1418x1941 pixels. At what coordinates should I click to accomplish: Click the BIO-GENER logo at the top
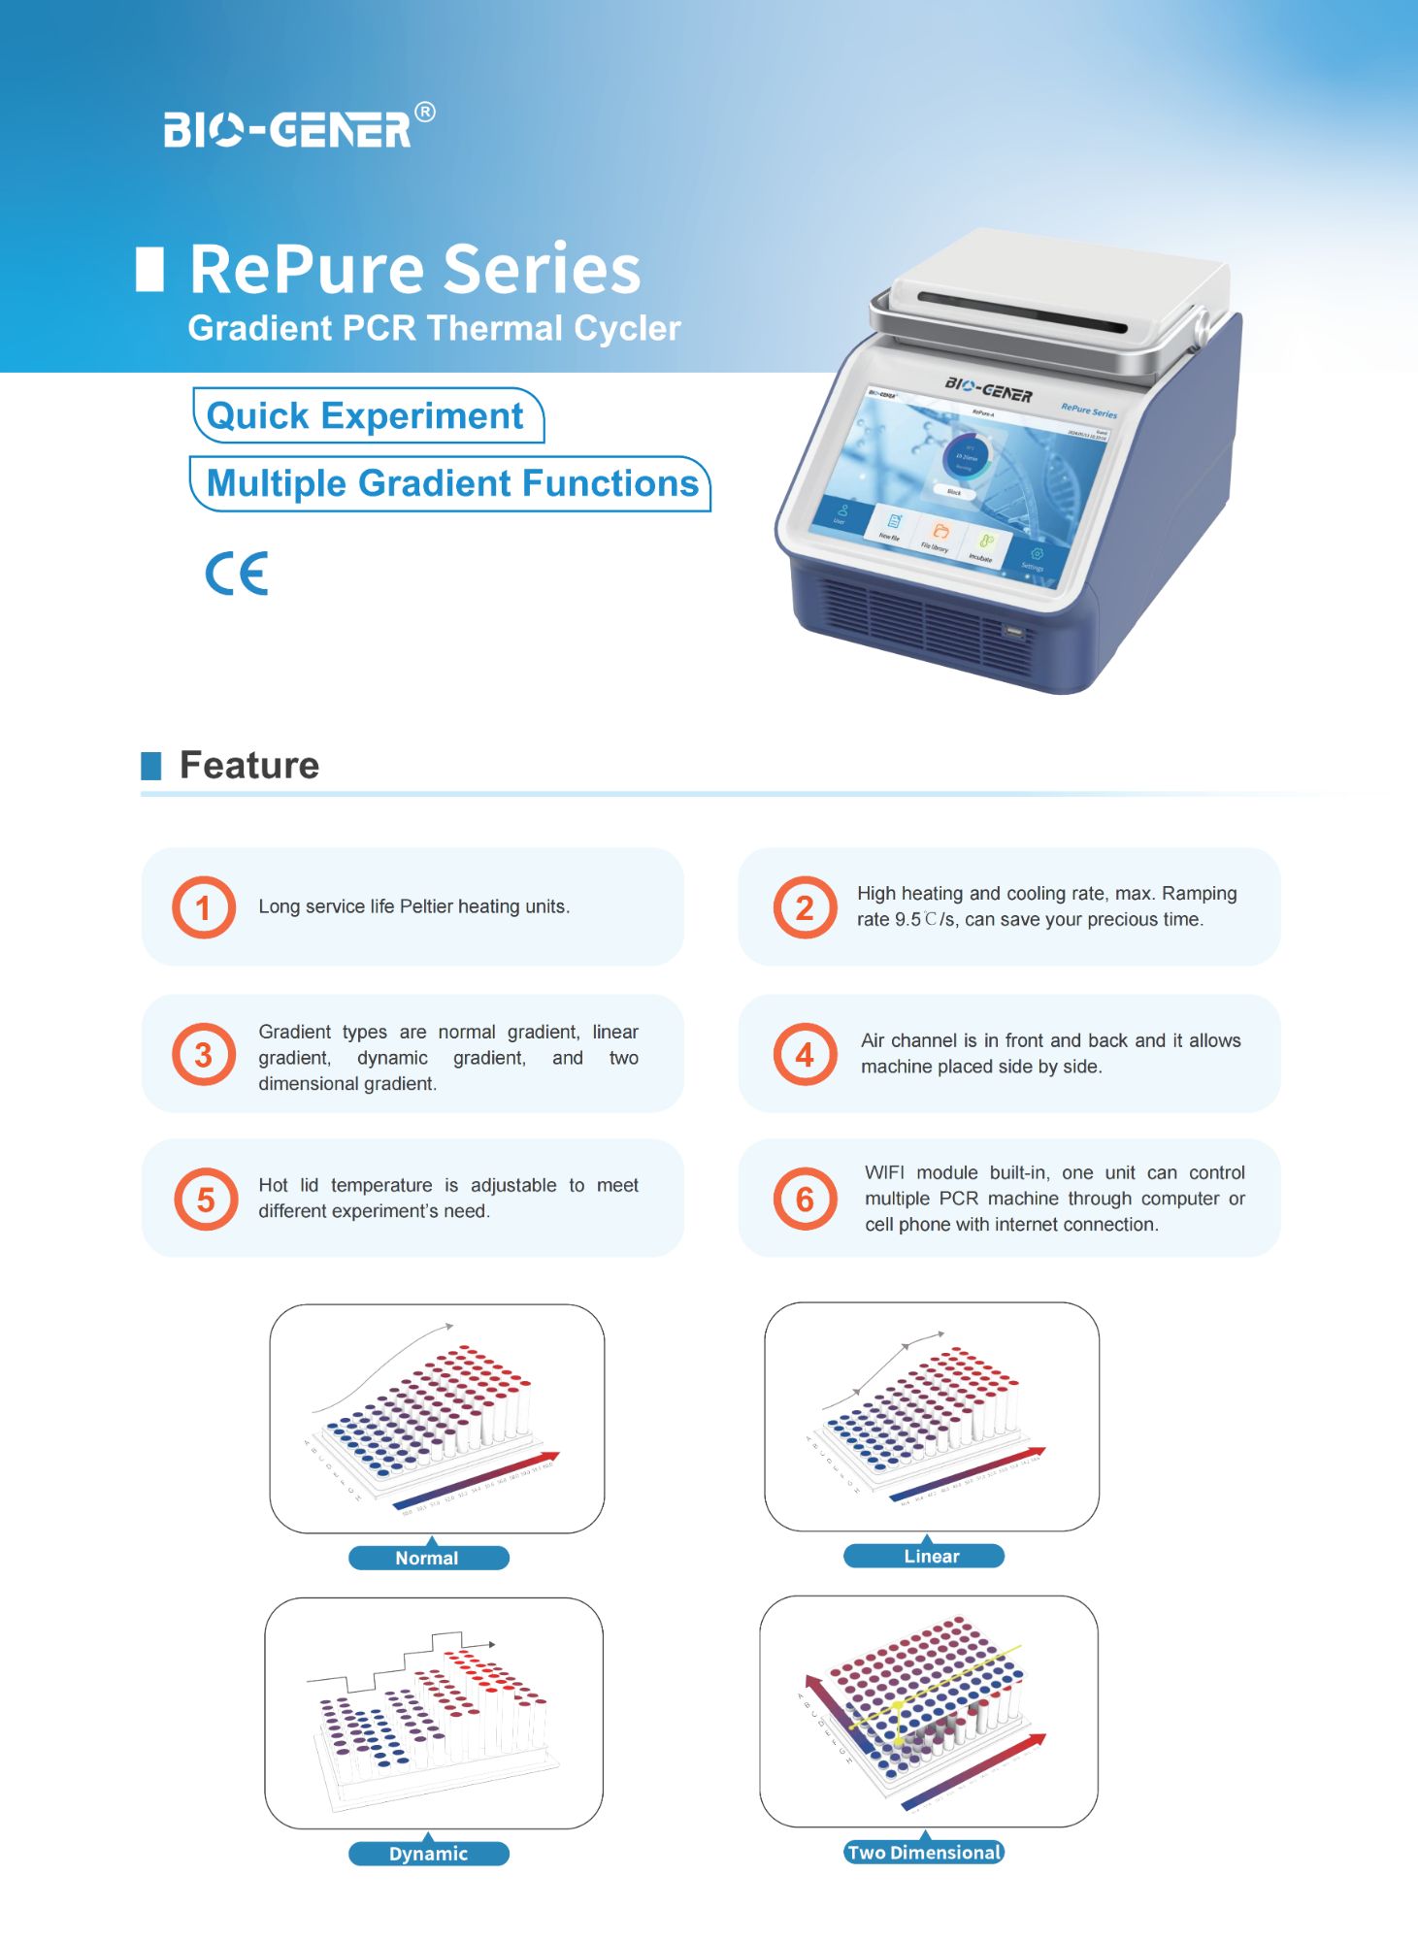(x=287, y=130)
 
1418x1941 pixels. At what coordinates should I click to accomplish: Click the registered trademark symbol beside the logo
(x=425, y=113)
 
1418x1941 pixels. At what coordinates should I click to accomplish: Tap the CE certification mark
(x=237, y=574)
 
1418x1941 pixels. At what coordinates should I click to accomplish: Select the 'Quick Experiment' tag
(x=366, y=416)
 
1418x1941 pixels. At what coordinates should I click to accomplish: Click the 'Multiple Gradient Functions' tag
(x=451, y=483)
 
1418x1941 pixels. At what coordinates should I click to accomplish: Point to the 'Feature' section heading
(x=249, y=766)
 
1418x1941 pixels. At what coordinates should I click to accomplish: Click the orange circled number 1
(x=204, y=907)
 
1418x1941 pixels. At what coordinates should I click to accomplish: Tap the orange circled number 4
(x=805, y=1054)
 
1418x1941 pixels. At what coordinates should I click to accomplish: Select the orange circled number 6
(x=805, y=1200)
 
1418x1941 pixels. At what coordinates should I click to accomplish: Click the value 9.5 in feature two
(x=907, y=920)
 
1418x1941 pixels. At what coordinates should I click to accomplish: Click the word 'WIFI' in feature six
(x=884, y=1173)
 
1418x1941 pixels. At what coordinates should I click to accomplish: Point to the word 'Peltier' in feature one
(x=426, y=906)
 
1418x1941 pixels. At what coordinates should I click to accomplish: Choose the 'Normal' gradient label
(x=428, y=1558)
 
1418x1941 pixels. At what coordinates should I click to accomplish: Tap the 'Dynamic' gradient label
(x=428, y=1854)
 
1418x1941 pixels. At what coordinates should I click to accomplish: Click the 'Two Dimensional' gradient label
(x=923, y=1853)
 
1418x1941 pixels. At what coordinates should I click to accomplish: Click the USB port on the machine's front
(x=1014, y=633)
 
